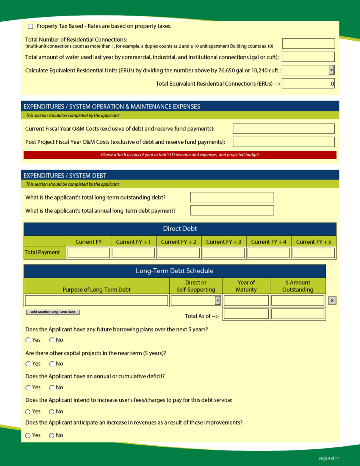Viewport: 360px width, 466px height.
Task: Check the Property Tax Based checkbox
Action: pyautogui.click(x=31, y=27)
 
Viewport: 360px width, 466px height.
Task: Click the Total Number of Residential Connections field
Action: pyautogui.click(x=308, y=44)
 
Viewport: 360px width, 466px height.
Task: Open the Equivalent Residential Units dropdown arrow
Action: pyautogui.click(x=332, y=70)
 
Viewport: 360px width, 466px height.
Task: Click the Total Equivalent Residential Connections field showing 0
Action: pyautogui.click(x=308, y=83)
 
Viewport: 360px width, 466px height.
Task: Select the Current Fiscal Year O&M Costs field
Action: pyautogui.click(x=283, y=129)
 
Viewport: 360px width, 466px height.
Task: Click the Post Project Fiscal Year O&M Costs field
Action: pyautogui.click(x=283, y=142)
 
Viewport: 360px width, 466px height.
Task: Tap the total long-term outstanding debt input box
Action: pyautogui.click(x=232, y=197)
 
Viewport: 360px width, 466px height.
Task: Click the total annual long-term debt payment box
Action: pyautogui.click(x=232, y=210)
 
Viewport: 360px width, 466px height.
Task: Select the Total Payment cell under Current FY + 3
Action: pyautogui.click(x=224, y=253)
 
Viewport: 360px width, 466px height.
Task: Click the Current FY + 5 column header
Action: pyautogui.click(x=313, y=242)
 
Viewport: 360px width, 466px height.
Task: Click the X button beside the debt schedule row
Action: pyautogui.click(x=332, y=301)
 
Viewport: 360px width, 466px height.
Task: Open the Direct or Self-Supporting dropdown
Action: pyautogui.click(x=218, y=301)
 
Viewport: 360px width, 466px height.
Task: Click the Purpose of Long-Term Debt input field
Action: pyautogui.click(x=96, y=301)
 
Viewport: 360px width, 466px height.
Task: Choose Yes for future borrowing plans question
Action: pyautogui.click(x=28, y=340)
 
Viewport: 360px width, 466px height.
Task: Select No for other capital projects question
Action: pyautogui.click(x=52, y=364)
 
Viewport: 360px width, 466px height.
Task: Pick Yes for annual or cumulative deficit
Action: pyautogui.click(x=28, y=388)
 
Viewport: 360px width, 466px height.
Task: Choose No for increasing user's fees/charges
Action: pyautogui.click(x=52, y=412)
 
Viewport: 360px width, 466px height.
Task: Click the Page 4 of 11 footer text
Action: pyautogui.click(x=329, y=458)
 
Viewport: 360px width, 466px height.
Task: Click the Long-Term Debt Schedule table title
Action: pyautogui.click(x=174, y=271)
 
